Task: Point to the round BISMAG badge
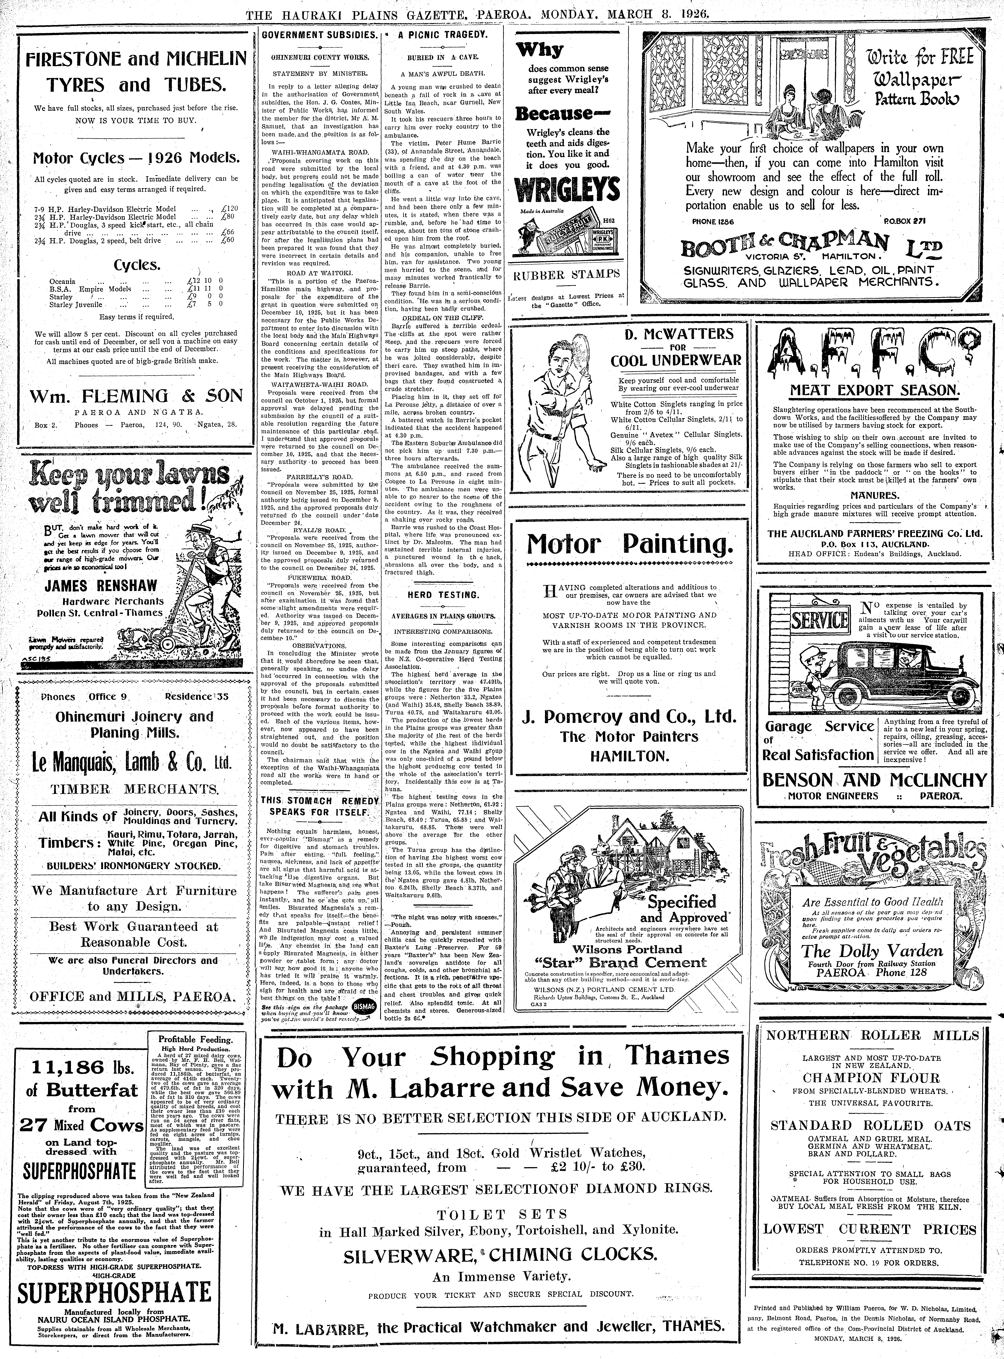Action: pos(368,1007)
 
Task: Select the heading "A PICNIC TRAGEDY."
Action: pos(442,35)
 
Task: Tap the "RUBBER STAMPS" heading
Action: pos(566,275)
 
